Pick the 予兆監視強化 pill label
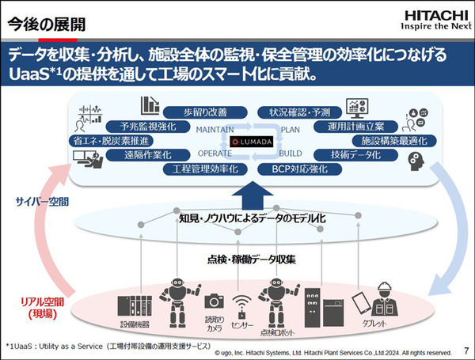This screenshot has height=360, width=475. click(x=148, y=126)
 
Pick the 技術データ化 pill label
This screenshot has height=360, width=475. click(x=355, y=155)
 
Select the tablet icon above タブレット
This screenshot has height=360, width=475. click(x=360, y=301)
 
